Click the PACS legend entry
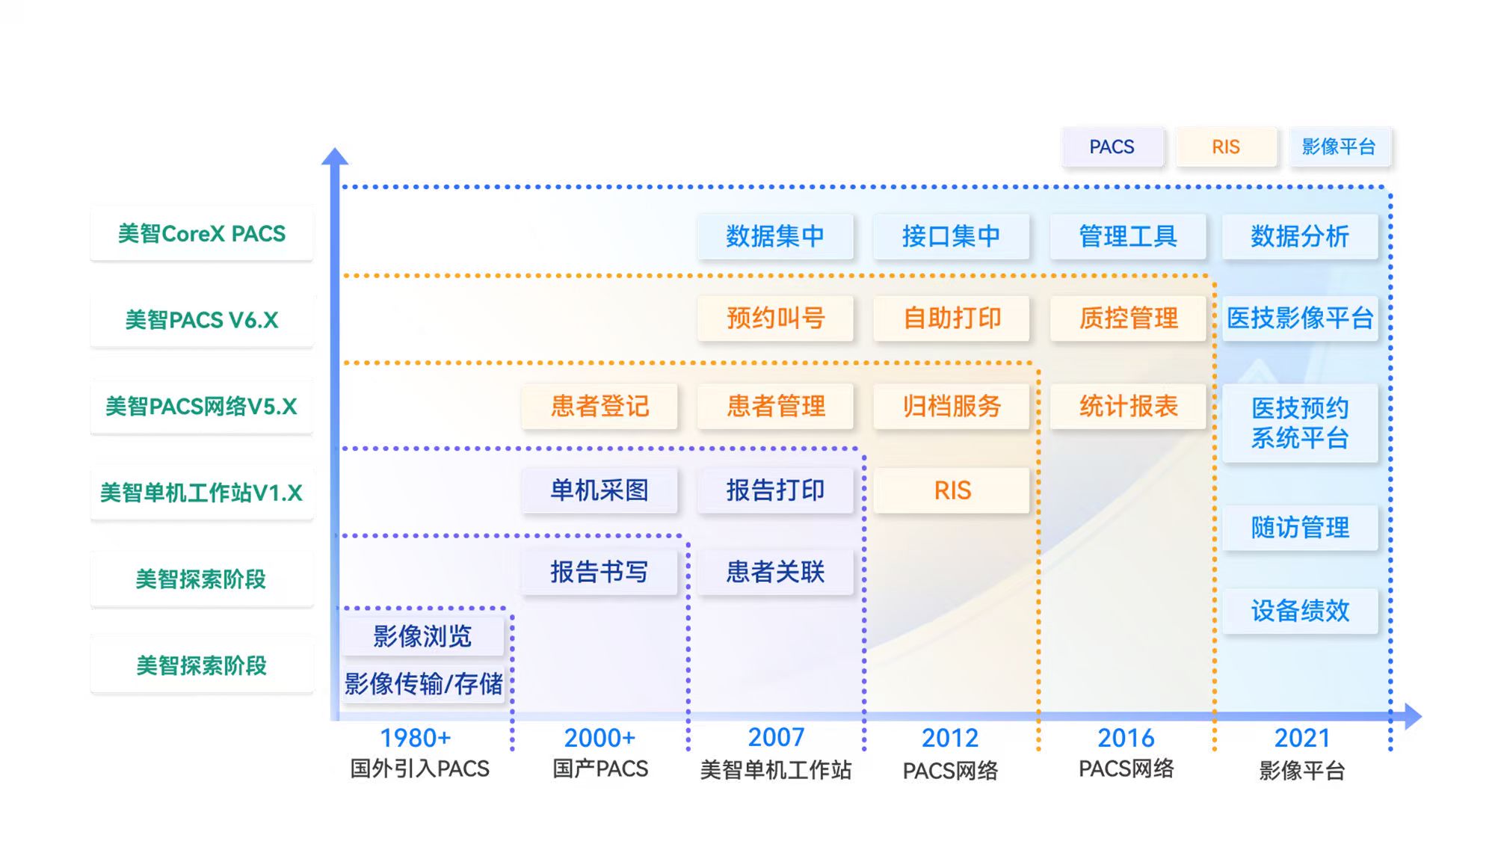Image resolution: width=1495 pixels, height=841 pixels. [1112, 147]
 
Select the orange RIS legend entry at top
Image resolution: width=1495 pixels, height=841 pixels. [1225, 147]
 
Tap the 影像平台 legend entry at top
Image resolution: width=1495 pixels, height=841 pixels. [1339, 147]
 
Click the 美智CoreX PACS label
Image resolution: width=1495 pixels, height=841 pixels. [202, 234]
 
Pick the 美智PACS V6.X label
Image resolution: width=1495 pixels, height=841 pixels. [202, 320]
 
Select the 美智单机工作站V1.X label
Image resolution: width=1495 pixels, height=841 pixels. [202, 493]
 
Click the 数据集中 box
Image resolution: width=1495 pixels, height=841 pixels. [775, 236]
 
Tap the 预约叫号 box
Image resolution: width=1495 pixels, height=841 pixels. [775, 318]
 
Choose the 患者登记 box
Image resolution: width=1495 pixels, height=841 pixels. [599, 406]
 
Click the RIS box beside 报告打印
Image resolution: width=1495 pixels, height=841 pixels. [952, 490]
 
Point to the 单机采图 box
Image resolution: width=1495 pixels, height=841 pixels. [599, 490]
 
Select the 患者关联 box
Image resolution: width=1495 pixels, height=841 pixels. [775, 572]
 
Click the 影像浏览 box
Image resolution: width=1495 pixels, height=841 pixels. [422, 636]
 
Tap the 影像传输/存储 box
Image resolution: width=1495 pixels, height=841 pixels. [423, 683]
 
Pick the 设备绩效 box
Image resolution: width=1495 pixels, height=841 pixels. [1300, 611]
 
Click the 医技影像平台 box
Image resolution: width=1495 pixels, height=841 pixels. [1300, 318]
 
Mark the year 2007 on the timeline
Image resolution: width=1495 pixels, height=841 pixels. [776, 738]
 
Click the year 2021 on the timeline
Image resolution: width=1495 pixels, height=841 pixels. [1302, 738]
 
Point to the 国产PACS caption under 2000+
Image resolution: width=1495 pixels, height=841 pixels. [600, 769]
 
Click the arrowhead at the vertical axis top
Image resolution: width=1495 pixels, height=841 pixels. [335, 156]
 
